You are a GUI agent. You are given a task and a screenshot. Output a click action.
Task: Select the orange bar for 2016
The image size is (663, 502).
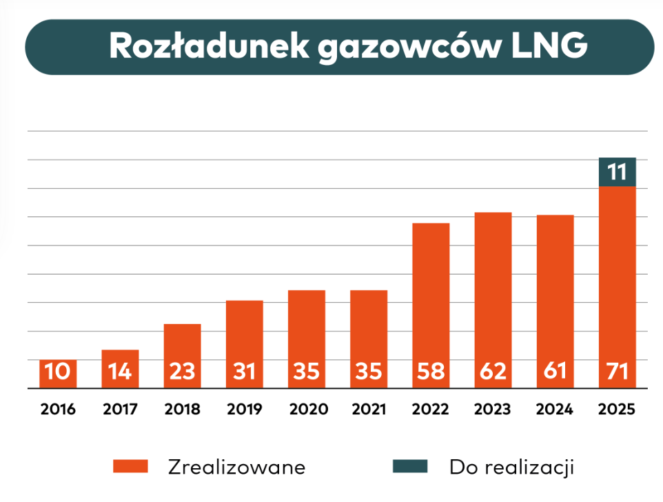click(x=58, y=373)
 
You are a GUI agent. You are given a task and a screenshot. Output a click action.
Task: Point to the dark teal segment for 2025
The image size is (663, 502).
click(x=617, y=172)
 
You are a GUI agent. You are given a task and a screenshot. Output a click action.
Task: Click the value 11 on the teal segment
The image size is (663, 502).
click(x=617, y=172)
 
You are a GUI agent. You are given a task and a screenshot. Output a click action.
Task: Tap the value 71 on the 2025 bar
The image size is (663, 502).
click(x=617, y=372)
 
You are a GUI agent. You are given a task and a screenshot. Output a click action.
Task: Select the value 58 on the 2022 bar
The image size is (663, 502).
click(x=431, y=372)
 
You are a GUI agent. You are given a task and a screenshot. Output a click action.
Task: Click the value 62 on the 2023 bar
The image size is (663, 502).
click(x=493, y=372)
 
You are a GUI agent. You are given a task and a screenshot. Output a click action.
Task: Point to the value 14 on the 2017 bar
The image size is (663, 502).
click(x=120, y=372)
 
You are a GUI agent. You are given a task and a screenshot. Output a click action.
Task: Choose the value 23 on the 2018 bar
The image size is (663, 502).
click(x=182, y=372)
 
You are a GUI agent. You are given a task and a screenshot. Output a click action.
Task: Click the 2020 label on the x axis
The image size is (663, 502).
click(x=306, y=409)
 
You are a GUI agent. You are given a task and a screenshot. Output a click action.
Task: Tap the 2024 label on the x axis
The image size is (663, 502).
click(x=555, y=409)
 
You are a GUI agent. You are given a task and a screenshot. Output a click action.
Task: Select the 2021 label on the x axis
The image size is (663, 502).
click(x=368, y=409)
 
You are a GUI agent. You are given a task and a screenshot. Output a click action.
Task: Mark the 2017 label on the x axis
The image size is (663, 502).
click(x=120, y=409)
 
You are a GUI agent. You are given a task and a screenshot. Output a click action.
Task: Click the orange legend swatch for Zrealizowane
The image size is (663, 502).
click(x=131, y=467)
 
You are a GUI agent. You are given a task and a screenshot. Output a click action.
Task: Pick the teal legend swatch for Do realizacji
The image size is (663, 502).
click(x=410, y=467)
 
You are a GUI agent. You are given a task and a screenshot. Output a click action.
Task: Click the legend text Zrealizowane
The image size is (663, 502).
click(x=236, y=467)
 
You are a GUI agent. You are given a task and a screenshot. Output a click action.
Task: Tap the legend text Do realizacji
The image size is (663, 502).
click(x=511, y=467)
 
